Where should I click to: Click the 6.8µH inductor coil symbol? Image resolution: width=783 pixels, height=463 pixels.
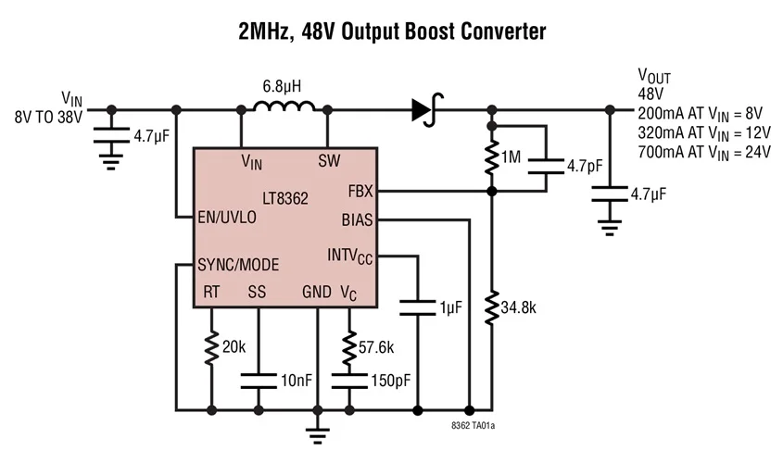coord(284,109)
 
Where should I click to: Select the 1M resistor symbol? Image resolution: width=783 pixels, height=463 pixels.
coord(492,158)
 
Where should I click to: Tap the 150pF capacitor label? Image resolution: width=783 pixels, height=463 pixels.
coord(388,381)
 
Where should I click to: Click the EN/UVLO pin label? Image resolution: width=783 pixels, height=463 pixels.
coord(228,218)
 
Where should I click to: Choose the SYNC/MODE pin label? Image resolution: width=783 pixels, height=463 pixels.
coord(238,265)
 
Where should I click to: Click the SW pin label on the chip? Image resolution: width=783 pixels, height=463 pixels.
coord(328,160)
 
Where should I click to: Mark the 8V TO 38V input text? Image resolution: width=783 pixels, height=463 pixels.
coord(48,118)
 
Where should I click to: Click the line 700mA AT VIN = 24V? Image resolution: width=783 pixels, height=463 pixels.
coord(704,152)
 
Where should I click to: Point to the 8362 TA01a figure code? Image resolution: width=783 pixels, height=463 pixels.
coord(474,427)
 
